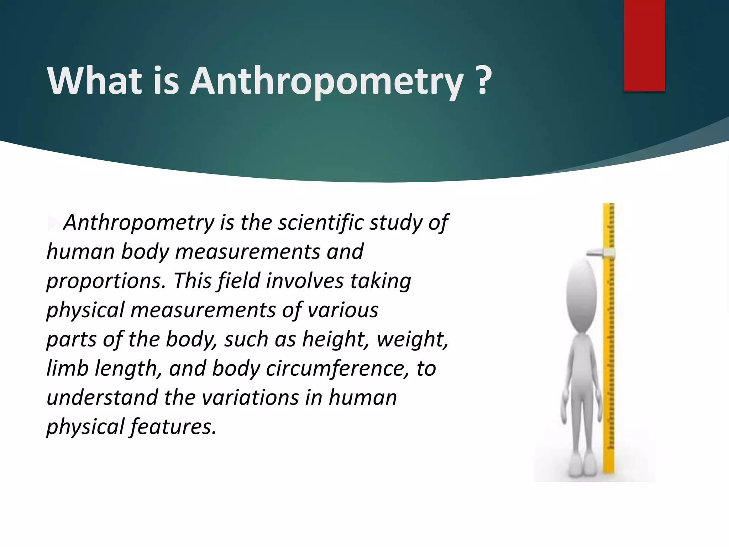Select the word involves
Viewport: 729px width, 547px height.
(x=305, y=281)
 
